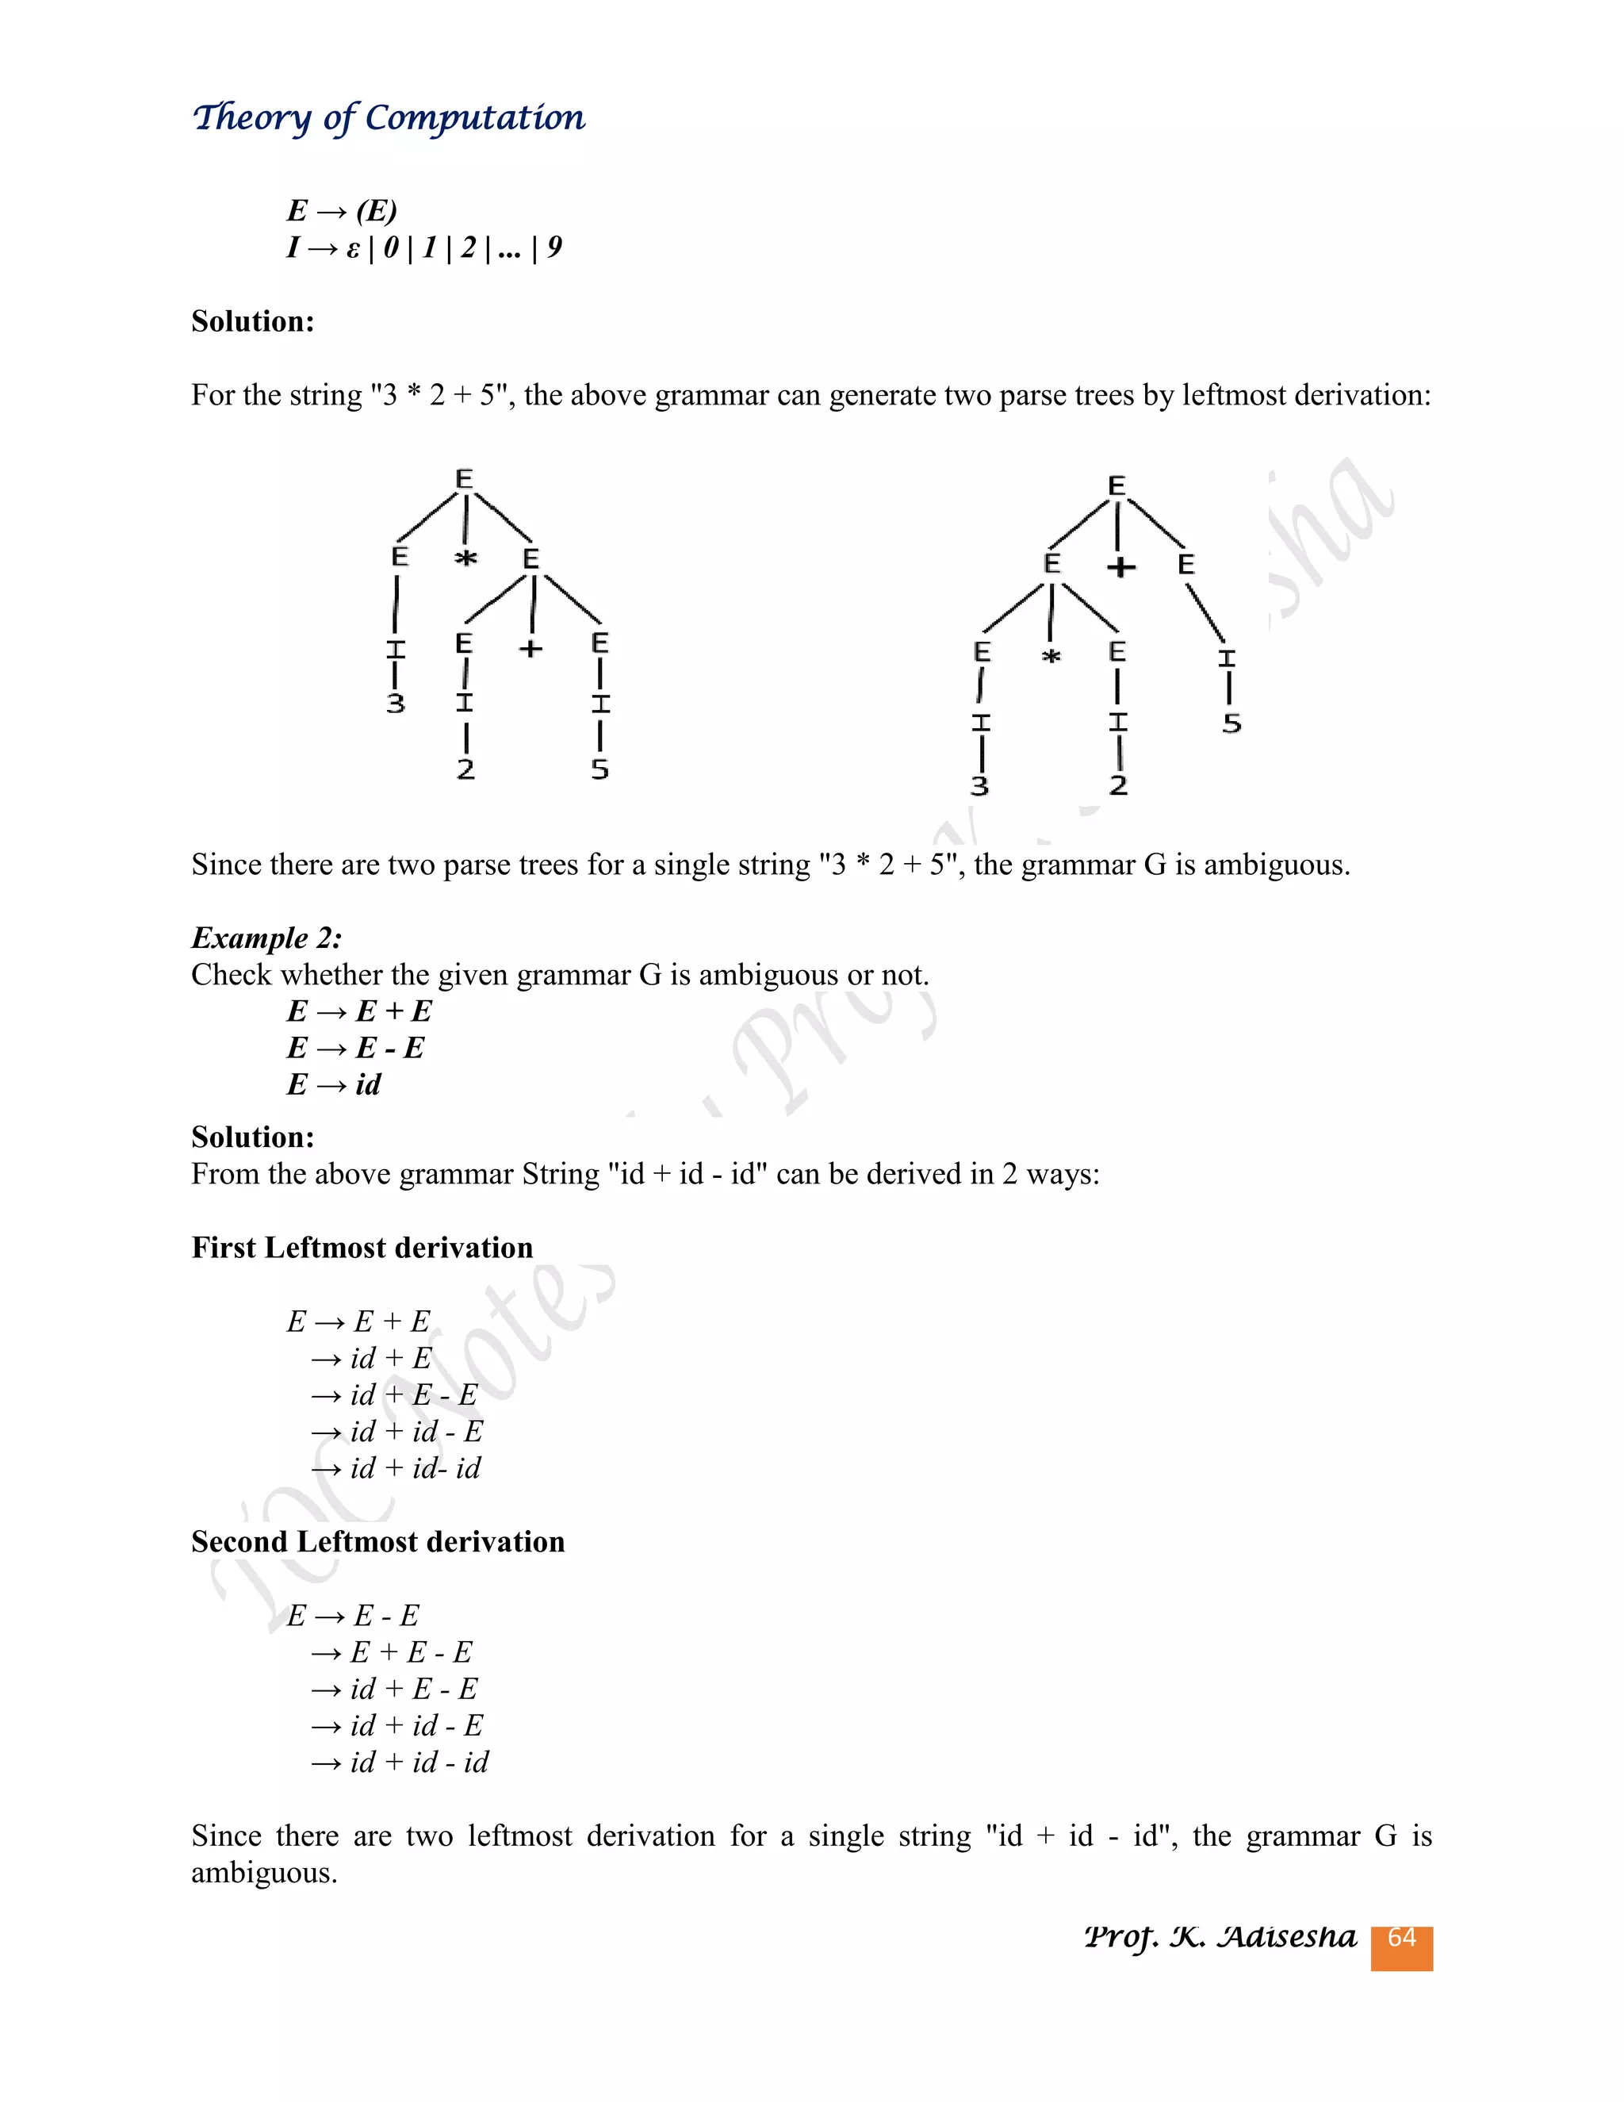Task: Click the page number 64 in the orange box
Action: (x=1401, y=1938)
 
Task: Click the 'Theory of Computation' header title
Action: (x=389, y=117)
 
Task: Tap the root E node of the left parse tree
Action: (x=465, y=479)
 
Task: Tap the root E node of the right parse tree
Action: (x=1116, y=486)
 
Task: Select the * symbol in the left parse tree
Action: (x=465, y=559)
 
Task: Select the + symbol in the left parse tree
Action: (x=531, y=650)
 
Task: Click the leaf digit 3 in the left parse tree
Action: (x=396, y=704)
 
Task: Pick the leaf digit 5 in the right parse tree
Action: (x=1231, y=723)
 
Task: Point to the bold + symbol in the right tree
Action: (x=1120, y=567)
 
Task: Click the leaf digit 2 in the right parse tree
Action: (x=1118, y=785)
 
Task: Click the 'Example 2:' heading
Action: (x=266, y=938)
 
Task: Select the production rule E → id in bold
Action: (x=334, y=1084)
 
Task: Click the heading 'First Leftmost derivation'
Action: (x=362, y=1248)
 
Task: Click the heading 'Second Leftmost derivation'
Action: (x=377, y=1542)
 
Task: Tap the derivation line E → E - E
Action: (x=353, y=1615)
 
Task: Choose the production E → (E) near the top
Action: (x=342, y=210)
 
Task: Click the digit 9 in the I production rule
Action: (x=554, y=247)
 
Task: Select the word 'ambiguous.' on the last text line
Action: (x=263, y=1873)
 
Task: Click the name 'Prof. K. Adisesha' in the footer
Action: (x=1220, y=1936)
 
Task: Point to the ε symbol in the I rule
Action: (x=353, y=249)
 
